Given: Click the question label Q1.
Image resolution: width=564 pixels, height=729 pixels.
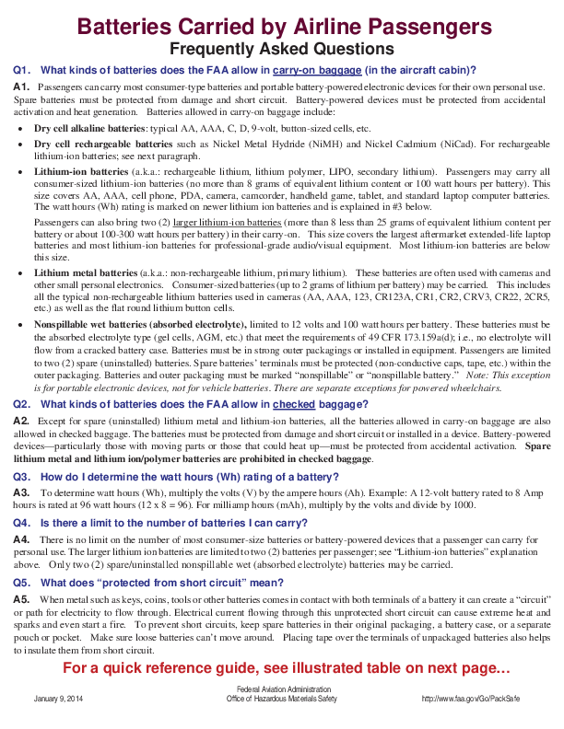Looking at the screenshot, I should tap(23, 70).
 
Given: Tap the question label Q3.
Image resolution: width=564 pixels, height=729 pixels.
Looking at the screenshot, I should tap(23, 477).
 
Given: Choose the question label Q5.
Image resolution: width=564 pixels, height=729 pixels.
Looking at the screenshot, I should tap(23, 583).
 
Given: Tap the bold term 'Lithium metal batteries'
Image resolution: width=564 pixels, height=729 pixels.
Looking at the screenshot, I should tap(86, 273).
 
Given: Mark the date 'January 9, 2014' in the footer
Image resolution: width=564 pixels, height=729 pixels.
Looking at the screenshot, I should tap(60, 699).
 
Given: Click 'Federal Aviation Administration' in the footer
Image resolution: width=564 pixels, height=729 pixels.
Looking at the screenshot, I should tap(281, 689).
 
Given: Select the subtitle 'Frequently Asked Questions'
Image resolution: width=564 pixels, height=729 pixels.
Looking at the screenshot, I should tap(282, 48).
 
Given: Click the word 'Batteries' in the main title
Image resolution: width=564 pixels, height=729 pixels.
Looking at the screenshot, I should tap(129, 26).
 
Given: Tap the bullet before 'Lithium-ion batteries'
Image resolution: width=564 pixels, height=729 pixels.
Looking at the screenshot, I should tap(21, 172).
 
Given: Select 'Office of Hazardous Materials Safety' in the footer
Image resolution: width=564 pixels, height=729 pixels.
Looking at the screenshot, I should tap(281, 699).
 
